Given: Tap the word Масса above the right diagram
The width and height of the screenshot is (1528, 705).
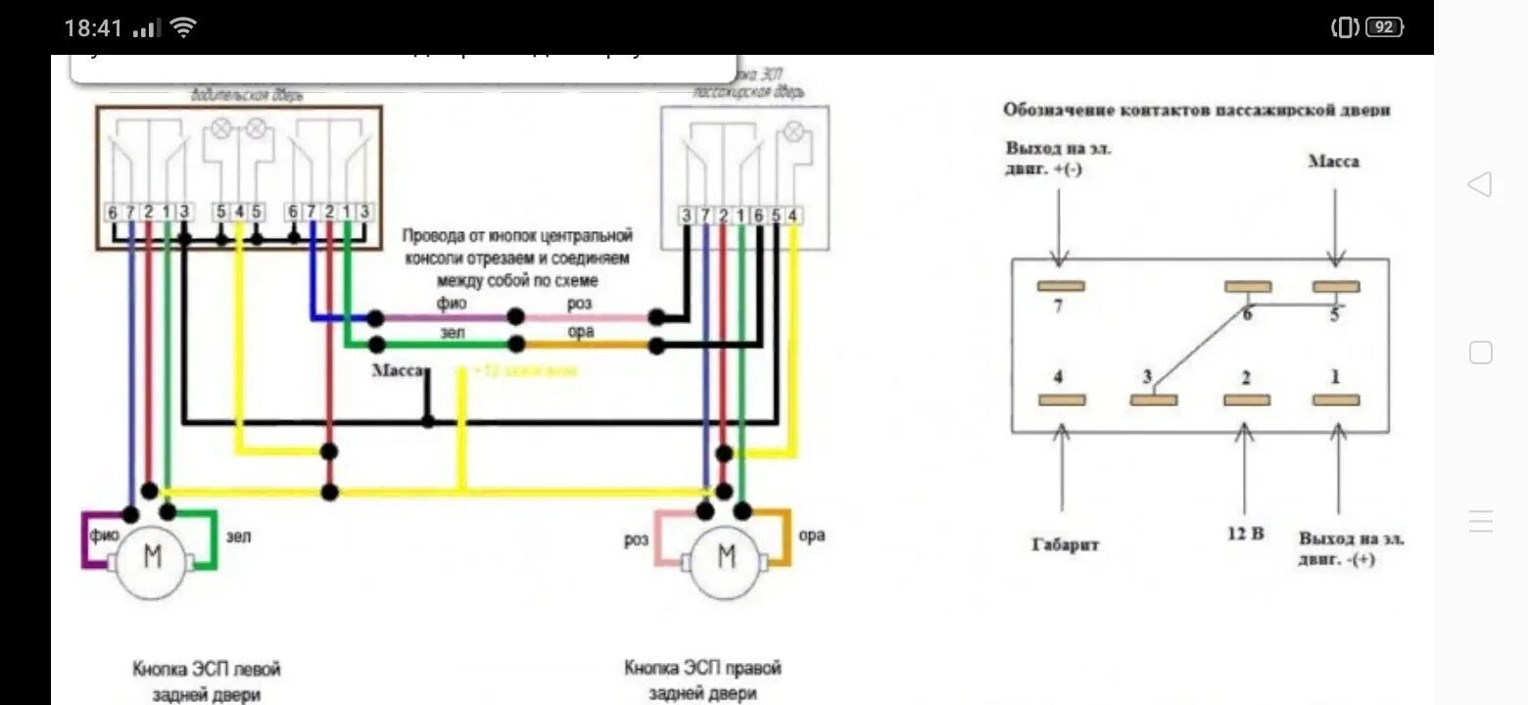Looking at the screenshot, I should [x=1333, y=162].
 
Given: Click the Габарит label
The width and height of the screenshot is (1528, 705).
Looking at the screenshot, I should [x=1064, y=544].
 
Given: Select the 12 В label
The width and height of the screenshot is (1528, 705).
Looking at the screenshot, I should [x=1244, y=534].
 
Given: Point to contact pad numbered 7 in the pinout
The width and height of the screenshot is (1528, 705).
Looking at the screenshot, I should [x=1060, y=287].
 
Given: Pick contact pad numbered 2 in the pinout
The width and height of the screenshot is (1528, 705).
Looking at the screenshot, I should [x=1247, y=399].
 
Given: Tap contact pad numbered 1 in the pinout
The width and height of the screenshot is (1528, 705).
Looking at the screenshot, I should [x=1335, y=399].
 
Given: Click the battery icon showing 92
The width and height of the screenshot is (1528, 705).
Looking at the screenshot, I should [x=1383, y=27].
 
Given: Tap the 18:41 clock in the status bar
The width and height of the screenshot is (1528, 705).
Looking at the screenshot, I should [x=93, y=28].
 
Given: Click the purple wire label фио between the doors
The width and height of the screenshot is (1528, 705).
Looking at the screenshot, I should [x=453, y=304].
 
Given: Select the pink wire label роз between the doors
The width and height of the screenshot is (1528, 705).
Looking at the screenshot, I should [x=580, y=304].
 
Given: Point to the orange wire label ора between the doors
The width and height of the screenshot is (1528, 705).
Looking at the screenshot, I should [x=581, y=332].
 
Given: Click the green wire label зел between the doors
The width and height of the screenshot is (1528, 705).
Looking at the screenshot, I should [x=453, y=332].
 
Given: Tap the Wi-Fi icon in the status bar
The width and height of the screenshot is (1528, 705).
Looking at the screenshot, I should [x=182, y=28].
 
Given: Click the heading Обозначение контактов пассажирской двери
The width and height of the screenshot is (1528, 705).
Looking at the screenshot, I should [x=1196, y=111].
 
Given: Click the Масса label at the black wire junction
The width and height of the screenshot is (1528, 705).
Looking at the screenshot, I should [x=398, y=371].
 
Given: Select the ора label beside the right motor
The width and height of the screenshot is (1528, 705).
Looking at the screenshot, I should [x=812, y=536].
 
